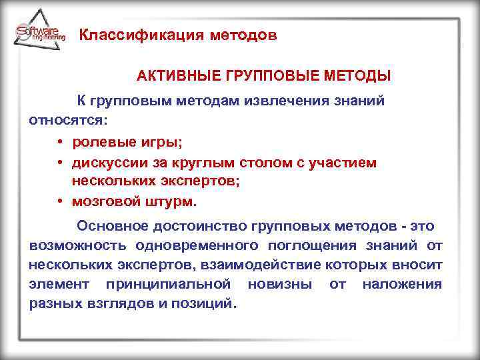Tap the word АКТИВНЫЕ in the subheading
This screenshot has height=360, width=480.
click(174, 77)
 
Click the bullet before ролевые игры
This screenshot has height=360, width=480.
click(60, 143)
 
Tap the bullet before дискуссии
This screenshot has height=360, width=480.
click(60, 162)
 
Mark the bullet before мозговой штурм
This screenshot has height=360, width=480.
click(60, 201)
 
